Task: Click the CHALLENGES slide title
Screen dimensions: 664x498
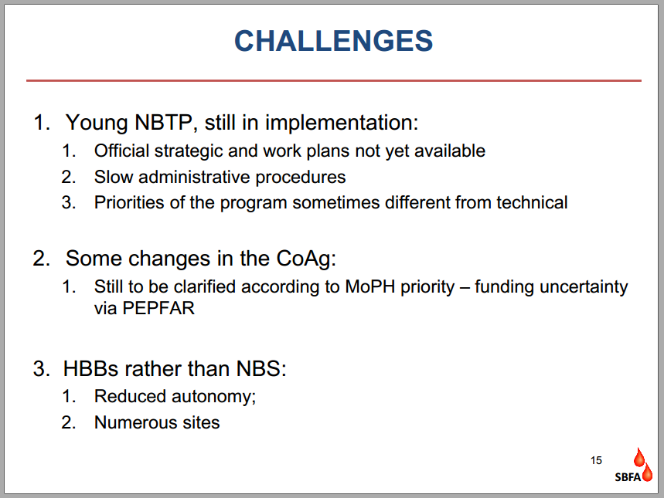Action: pyautogui.click(x=334, y=41)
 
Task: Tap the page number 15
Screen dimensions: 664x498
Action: pyautogui.click(x=596, y=460)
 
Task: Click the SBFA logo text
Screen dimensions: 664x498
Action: pyautogui.click(x=628, y=477)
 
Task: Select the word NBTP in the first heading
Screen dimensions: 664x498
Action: pyautogui.click(x=163, y=122)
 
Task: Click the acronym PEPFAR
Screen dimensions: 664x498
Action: pyautogui.click(x=158, y=308)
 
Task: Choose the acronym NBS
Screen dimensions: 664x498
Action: pyautogui.click(x=259, y=368)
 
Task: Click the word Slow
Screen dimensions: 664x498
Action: pyautogui.click(x=114, y=177)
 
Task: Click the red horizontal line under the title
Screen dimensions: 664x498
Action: pyautogui.click(x=334, y=80)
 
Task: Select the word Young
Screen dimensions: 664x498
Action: pyautogui.click(x=97, y=123)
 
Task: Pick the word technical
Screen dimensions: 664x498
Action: pyautogui.click(x=532, y=202)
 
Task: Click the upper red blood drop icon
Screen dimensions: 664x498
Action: pyautogui.click(x=638, y=457)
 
